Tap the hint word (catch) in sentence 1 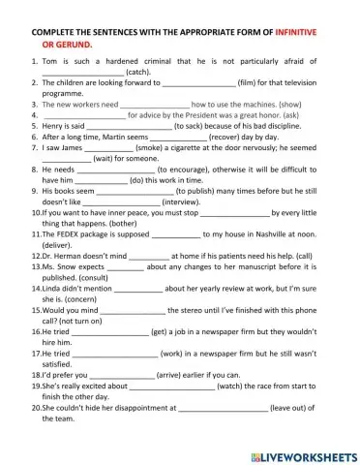139,73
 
